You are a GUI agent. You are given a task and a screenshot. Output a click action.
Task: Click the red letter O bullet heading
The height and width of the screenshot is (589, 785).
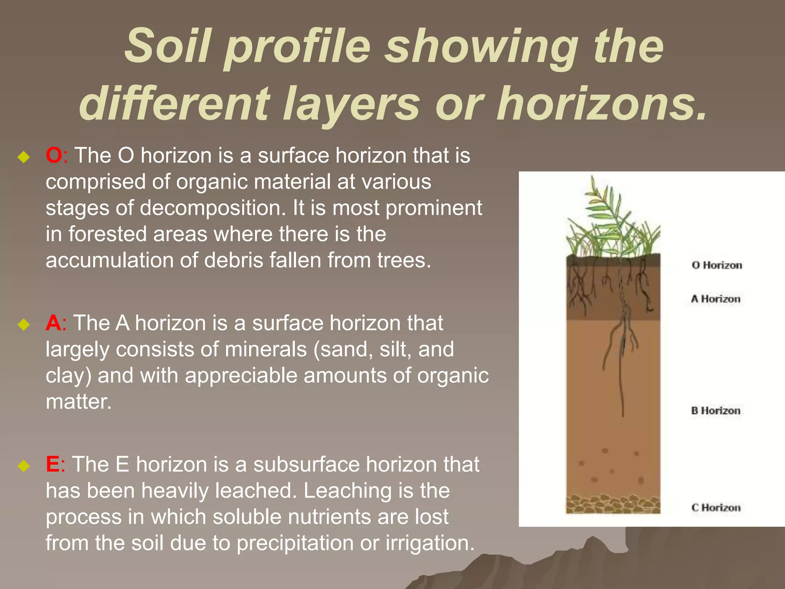(54, 156)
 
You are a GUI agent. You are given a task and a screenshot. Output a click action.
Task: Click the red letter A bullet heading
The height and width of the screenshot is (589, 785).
(53, 323)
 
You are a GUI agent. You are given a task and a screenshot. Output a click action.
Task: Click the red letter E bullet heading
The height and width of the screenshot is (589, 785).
(53, 465)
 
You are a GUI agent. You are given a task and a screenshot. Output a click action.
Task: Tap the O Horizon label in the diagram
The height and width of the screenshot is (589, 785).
(716, 265)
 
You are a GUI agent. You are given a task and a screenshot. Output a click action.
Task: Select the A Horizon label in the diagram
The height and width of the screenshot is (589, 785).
(715, 299)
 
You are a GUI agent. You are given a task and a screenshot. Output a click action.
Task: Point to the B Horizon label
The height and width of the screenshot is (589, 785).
(715, 411)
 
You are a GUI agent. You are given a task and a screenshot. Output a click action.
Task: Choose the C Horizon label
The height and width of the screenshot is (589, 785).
(716, 508)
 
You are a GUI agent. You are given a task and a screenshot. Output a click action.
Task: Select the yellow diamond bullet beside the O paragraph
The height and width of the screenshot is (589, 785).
(24, 157)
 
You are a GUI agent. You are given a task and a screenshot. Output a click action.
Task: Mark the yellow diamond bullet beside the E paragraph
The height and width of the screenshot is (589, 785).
(24, 466)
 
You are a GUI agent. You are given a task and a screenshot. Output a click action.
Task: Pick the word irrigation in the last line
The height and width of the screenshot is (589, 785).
(430, 543)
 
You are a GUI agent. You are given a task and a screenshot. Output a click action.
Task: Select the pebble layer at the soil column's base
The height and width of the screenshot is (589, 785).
(613, 504)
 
